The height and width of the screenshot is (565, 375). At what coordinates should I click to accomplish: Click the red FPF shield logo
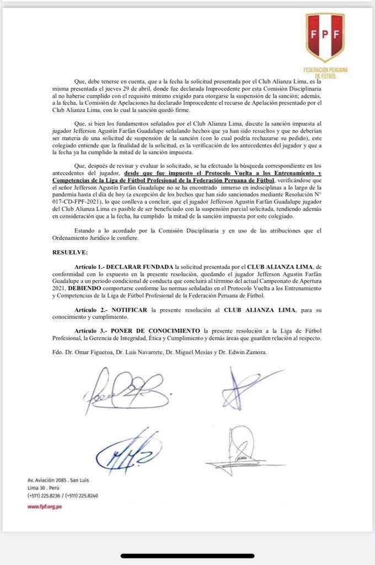point(325,37)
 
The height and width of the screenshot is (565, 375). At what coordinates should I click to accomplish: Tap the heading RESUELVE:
point(69,252)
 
